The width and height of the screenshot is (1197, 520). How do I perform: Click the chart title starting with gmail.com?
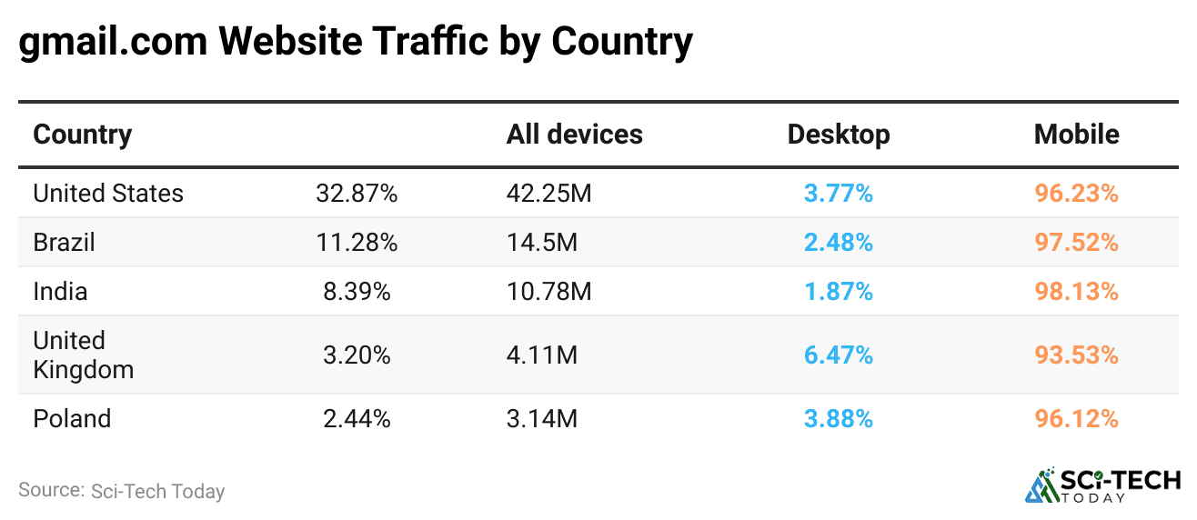click(x=356, y=42)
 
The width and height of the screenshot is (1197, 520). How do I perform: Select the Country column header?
click(x=83, y=135)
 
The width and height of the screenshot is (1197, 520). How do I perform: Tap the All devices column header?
click(x=574, y=135)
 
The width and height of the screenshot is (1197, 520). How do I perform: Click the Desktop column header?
click(x=838, y=135)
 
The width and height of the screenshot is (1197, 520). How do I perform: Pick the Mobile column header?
click(x=1076, y=135)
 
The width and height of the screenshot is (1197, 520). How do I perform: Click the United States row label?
click(x=108, y=194)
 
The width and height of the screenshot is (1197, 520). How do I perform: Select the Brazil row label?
click(x=64, y=243)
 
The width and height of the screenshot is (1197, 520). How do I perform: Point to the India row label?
click(x=60, y=292)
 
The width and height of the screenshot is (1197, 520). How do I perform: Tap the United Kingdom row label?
click(x=83, y=355)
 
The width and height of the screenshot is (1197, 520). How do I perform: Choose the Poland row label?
click(x=72, y=419)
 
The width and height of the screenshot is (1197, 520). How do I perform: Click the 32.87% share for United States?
click(x=357, y=194)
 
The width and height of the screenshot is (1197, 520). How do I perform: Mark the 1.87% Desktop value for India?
click(x=838, y=292)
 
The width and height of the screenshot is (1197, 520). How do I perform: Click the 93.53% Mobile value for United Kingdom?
click(x=1076, y=355)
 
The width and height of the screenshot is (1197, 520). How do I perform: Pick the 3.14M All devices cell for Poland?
click(x=542, y=419)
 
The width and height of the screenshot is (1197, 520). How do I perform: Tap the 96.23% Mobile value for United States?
click(x=1076, y=194)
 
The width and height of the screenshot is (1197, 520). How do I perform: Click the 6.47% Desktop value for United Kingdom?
click(x=838, y=355)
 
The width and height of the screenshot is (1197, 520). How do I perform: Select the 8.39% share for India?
click(x=357, y=292)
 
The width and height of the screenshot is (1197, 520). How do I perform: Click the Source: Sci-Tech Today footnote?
click(x=121, y=491)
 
